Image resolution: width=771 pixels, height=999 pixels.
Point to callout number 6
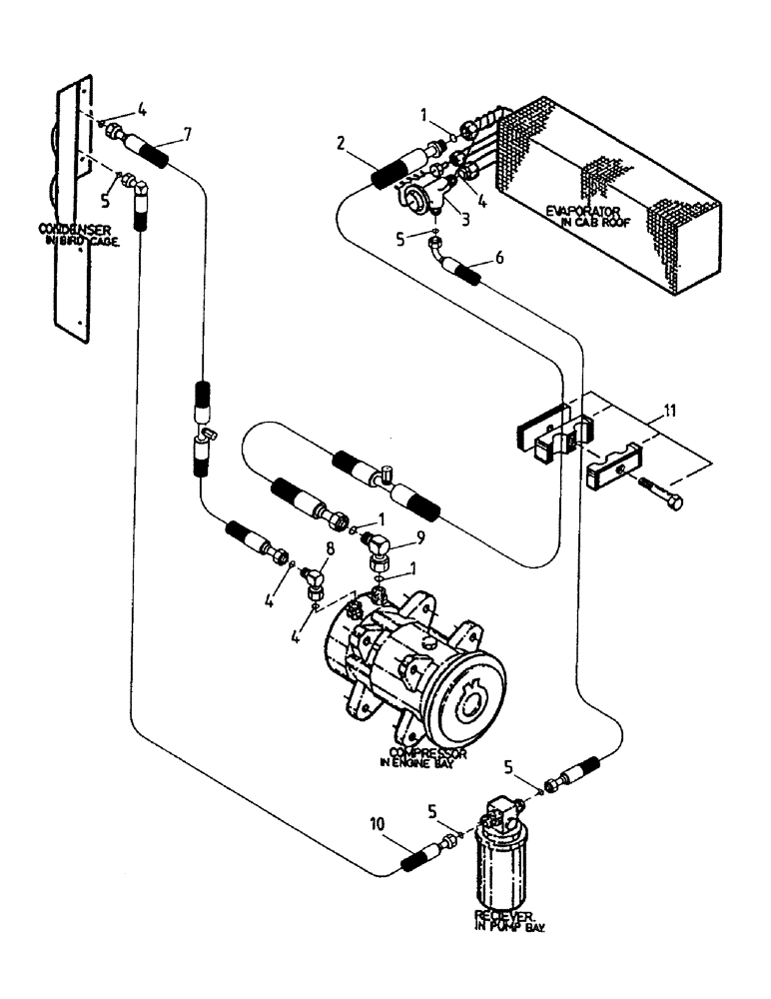tap(499, 258)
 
